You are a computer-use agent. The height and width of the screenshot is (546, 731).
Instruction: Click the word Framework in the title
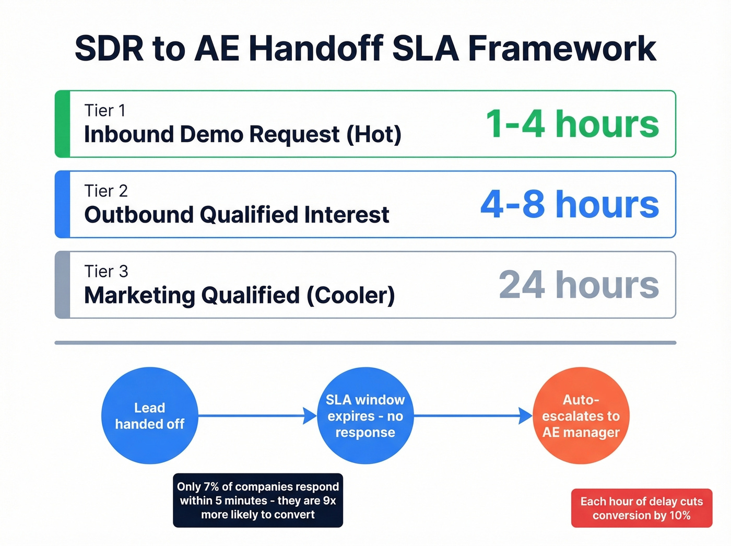pos(562,49)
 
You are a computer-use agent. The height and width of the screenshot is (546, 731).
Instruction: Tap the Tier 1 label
pos(105,111)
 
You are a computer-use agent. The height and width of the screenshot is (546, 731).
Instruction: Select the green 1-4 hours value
pos(572,124)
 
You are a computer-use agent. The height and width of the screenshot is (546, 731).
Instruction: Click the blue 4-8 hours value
pos(570,204)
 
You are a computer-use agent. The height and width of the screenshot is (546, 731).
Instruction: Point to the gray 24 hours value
pos(579,285)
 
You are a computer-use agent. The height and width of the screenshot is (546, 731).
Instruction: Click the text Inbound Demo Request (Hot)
pos(243,135)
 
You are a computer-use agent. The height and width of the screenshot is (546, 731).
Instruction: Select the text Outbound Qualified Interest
pos(237,215)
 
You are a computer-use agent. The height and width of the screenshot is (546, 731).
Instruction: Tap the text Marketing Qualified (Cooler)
pos(240,295)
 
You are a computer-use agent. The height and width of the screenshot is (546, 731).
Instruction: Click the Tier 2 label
pos(106,191)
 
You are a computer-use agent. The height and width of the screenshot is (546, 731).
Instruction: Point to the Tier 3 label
pos(106,272)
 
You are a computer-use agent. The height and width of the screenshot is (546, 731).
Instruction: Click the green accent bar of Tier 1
pos(63,124)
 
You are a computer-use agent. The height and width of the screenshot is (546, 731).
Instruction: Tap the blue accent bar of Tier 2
pos(63,204)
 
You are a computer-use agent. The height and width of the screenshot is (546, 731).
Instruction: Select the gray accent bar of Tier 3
pos(63,285)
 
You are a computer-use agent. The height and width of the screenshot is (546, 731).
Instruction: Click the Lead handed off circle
pos(150,416)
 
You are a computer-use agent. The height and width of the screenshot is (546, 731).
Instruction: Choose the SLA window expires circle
pos(365,416)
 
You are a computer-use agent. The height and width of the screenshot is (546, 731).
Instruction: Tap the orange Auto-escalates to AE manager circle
pos(581,416)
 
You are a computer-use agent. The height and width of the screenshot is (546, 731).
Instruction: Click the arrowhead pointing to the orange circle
pos(525,416)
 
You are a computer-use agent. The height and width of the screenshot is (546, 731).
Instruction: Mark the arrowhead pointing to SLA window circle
pos(310,416)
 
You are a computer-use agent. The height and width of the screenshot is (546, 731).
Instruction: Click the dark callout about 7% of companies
pos(258,501)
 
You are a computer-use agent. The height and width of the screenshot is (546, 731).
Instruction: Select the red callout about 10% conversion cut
pos(641,508)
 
